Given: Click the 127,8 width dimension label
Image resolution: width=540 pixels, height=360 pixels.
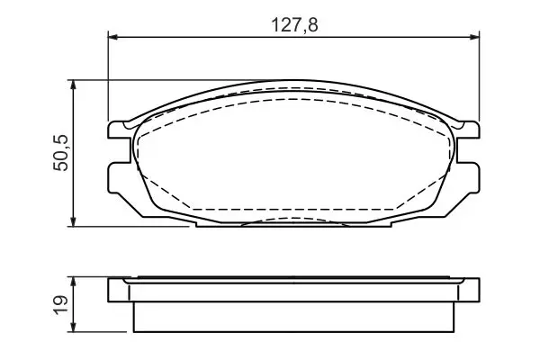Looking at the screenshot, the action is click(x=295, y=25).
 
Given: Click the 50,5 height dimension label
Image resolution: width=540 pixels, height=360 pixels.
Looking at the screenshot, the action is click(x=61, y=153).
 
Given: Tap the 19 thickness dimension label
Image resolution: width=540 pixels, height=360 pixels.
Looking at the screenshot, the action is click(x=61, y=305).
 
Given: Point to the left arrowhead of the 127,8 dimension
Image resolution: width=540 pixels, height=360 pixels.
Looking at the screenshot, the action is click(x=113, y=37).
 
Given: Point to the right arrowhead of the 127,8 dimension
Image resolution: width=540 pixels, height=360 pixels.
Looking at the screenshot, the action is click(x=474, y=37).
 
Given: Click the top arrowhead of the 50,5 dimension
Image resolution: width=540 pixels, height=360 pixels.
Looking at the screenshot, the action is click(x=73, y=85).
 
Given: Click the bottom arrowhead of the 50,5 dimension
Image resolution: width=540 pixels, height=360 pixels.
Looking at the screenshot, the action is click(x=73, y=221).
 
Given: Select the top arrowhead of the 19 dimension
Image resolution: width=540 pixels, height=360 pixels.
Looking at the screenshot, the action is click(x=73, y=282).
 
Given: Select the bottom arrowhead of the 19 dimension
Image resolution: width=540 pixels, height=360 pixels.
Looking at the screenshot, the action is click(x=73, y=327).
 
